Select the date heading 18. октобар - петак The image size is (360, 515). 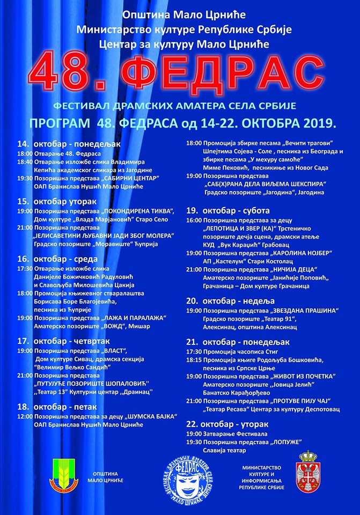(x=62, y=407)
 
